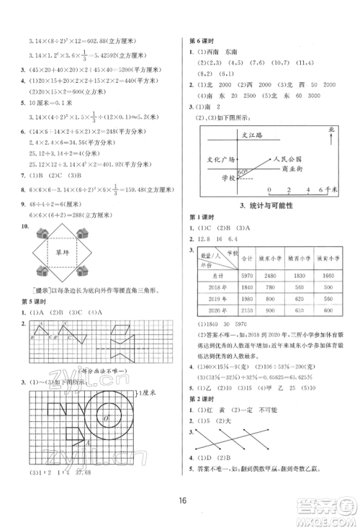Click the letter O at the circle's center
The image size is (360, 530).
point(105,418)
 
